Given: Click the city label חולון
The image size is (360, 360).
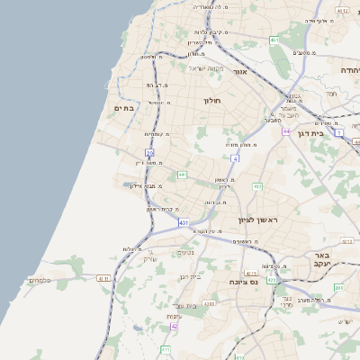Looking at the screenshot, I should [x=212, y=101].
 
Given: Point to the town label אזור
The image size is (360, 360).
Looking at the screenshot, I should [x=239, y=71].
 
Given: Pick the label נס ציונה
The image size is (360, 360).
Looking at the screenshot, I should [x=243, y=283].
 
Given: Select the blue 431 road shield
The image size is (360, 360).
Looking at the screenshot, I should [x=184, y=222].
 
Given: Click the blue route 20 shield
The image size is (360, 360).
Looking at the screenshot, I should [x=149, y=154].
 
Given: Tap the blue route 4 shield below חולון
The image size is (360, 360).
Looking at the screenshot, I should [x=234, y=158].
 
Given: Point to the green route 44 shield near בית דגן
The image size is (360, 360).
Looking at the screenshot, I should [x=284, y=131].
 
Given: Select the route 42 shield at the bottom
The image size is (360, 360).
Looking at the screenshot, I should [x=175, y=327].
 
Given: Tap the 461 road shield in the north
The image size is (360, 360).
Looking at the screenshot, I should [x=274, y=40].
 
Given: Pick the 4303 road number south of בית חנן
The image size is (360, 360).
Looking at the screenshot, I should [x=210, y=303].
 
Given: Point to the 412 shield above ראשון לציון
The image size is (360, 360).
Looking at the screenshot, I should [x=257, y=186].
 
